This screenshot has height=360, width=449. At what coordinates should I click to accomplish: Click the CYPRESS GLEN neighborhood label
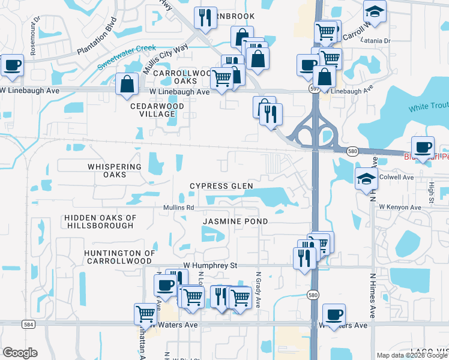pos(221,186)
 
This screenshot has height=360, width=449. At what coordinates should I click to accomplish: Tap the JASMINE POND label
pos(235,221)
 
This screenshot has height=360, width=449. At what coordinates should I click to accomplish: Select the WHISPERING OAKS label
pos(114,170)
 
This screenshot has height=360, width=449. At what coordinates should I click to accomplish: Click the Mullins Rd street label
pos(178,208)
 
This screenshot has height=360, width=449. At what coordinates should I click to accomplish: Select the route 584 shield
pos(28,324)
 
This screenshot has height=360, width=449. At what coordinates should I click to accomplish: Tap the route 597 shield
pos(314,88)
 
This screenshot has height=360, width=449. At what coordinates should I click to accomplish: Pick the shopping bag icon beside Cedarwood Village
pos(127,85)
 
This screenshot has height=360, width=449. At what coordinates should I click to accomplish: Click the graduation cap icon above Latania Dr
pos(375,12)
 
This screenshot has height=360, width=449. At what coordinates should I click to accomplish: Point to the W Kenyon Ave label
pos(400,207)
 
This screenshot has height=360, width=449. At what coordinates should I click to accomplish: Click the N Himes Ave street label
pos(373,296)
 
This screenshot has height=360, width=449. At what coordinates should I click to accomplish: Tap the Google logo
pos(20,353)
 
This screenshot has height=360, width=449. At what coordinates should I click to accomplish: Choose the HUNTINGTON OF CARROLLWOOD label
pos(118,257)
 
